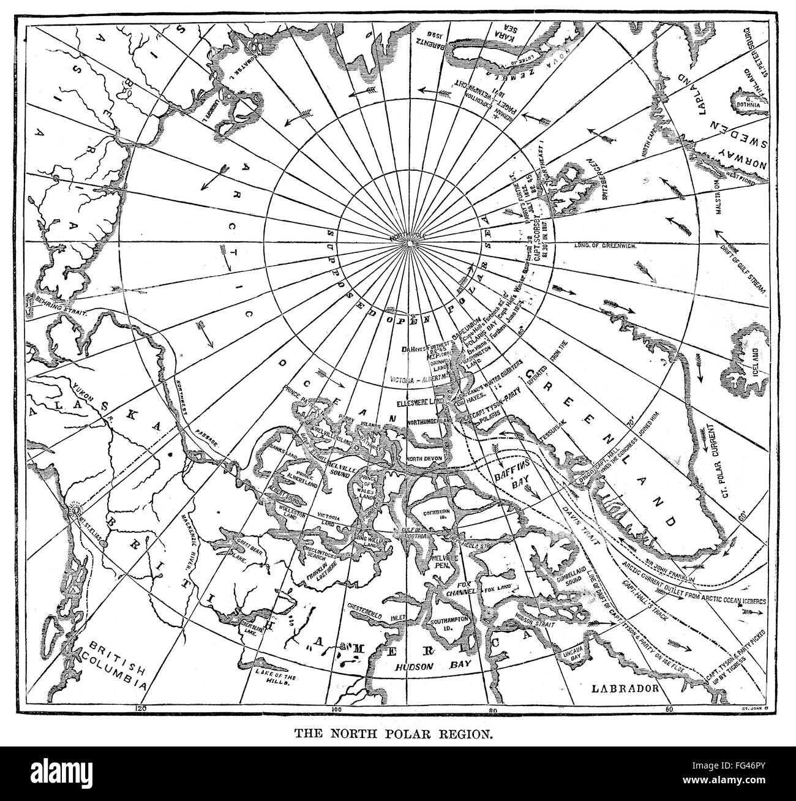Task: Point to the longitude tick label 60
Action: [669, 709]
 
